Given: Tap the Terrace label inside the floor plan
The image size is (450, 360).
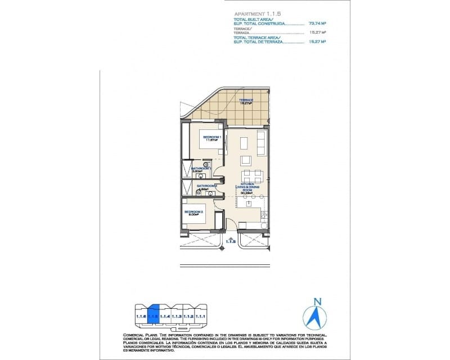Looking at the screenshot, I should (245, 101).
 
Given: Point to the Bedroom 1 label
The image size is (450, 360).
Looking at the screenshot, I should (211, 138).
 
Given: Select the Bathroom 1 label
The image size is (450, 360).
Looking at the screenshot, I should (200, 169).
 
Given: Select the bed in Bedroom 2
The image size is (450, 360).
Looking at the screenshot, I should (195, 216).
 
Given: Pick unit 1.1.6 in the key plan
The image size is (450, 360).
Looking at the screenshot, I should (141, 317).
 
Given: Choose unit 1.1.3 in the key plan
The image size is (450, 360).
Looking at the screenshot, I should (177, 317).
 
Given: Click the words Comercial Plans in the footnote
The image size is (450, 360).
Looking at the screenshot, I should (139, 334).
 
